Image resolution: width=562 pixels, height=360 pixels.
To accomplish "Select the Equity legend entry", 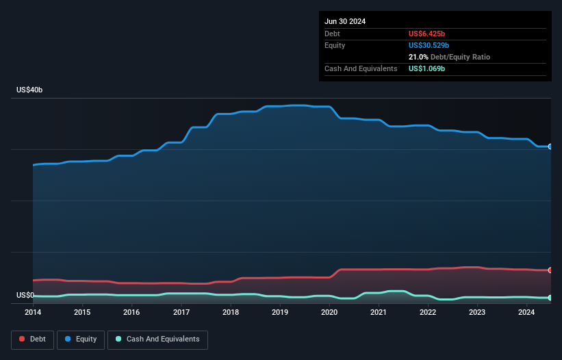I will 81,339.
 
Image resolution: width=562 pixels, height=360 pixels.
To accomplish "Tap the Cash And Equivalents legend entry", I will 157,339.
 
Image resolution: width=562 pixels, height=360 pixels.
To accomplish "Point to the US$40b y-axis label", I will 31,90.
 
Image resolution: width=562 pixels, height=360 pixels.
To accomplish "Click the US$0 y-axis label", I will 25,296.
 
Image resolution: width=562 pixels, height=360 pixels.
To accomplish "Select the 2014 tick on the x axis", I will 33,313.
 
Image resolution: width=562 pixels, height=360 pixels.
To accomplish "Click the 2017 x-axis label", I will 181,313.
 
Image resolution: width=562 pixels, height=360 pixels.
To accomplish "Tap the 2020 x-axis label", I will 329,313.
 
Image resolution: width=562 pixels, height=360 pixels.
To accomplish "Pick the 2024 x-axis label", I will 526,313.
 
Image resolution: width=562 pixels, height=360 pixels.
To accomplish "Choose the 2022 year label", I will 428,313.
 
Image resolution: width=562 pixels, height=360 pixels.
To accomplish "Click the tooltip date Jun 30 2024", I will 345,21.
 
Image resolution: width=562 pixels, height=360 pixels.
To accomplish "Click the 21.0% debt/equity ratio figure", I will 418,57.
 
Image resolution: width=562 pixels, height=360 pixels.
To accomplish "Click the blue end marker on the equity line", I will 550,146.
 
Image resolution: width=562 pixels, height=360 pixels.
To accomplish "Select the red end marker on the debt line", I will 550,270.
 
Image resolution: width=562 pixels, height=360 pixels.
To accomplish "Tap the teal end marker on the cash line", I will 550,298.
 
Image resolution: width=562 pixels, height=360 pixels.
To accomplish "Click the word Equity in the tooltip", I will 335,45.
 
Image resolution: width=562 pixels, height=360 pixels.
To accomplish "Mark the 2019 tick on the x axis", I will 280,313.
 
